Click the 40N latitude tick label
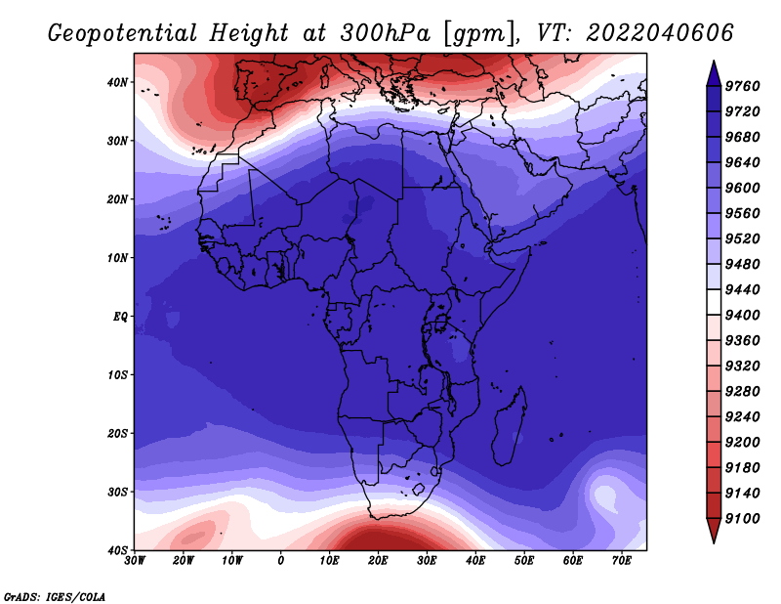pyautogui.click(x=117, y=82)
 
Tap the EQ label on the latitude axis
pyautogui.click(x=120, y=317)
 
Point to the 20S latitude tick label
pyautogui.click(x=117, y=433)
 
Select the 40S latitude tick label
pyautogui.click(x=117, y=550)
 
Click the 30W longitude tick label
pyautogui.click(x=135, y=561)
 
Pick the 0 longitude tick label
pyautogui.click(x=281, y=561)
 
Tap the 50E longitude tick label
pyautogui.click(x=524, y=561)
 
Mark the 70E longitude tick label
pyautogui.click(x=622, y=561)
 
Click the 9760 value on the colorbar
pyautogui.click(x=742, y=86)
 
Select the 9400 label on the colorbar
pyautogui.click(x=742, y=316)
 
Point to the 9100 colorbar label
pyautogui.click(x=742, y=519)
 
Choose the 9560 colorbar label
pyautogui.click(x=742, y=213)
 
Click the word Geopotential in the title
pyautogui.click(x=123, y=34)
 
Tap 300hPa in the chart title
pyautogui.click(x=385, y=33)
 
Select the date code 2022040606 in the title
pyautogui.click(x=660, y=33)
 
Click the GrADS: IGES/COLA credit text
pyautogui.click(x=55, y=597)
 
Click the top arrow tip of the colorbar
pyautogui.click(x=714, y=61)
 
